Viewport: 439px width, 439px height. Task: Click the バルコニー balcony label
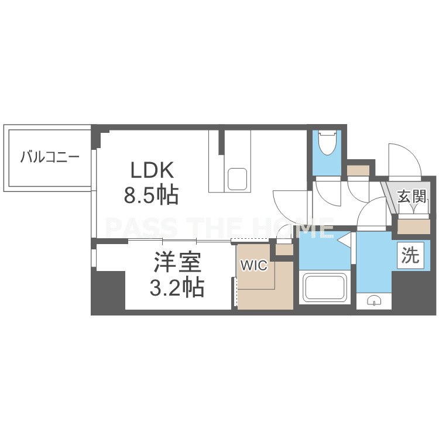50,156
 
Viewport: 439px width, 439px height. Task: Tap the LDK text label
152,170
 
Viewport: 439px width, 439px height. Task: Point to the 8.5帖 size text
151,195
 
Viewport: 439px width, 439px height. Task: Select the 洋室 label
177,262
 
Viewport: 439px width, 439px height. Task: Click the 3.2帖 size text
177,287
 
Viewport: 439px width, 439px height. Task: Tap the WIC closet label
254,265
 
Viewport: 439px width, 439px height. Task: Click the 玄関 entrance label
412,196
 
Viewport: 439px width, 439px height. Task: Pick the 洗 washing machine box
410,255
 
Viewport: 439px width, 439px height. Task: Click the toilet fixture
328,143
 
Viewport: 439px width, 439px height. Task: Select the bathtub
325,287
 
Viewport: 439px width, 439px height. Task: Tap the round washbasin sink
374,300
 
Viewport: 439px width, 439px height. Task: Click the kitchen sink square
237,179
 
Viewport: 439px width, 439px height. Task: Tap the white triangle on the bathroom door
344,239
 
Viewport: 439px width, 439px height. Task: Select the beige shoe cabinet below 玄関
413,227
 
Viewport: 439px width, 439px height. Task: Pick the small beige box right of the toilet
358,170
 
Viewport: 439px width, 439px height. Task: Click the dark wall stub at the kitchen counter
221,142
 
